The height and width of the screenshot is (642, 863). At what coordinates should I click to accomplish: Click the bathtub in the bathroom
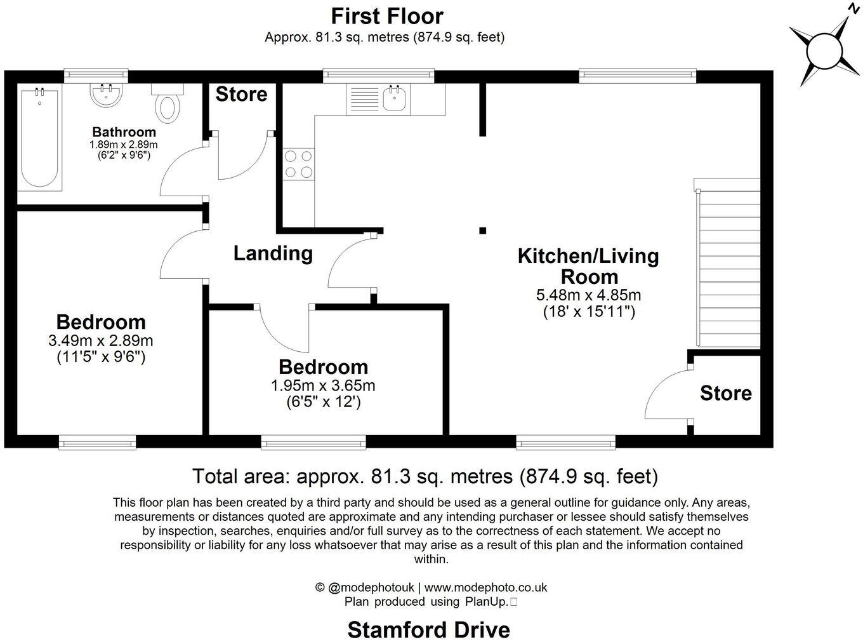(39, 138)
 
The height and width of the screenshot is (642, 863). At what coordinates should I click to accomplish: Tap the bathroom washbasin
(107, 96)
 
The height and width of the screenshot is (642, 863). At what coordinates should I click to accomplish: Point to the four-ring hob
(298, 163)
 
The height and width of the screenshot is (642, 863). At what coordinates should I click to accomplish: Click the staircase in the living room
(728, 264)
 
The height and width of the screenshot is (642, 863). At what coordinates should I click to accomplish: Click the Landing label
(273, 253)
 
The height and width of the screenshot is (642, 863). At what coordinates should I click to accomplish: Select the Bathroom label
(124, 132)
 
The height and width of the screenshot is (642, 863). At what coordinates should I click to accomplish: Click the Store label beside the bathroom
(241, 95)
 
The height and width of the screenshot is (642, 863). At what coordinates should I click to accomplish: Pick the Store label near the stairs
(725, 394)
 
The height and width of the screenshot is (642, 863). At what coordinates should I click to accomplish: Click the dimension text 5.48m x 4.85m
(588, 295)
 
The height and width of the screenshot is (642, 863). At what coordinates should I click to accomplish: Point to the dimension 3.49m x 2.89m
(101, 341)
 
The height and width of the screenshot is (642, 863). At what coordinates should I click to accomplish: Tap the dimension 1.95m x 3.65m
(323, 385)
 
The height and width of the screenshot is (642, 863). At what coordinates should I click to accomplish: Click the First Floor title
(387, 15)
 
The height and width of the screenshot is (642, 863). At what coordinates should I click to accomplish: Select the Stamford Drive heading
(429, 629)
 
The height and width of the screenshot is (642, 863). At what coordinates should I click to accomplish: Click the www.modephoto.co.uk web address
(485, 587)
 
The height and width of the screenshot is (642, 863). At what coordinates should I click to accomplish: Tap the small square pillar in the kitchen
(483, 231)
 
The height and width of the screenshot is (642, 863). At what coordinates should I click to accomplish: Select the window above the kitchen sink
(379, 76)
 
